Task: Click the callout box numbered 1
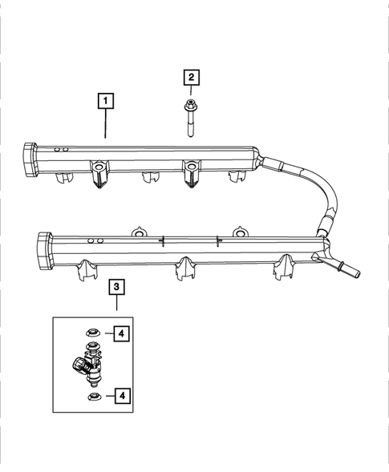click(105, 101)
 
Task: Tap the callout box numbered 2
click(191, 78)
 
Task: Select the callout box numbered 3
click(117, 286)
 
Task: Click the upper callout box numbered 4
click(121, 333)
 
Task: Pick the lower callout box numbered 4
click(121, 394)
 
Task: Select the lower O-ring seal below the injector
click(93, 395)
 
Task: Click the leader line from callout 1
click(105, 123)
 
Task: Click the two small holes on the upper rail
click(59, 150)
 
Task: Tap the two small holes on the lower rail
click(95, 240)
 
